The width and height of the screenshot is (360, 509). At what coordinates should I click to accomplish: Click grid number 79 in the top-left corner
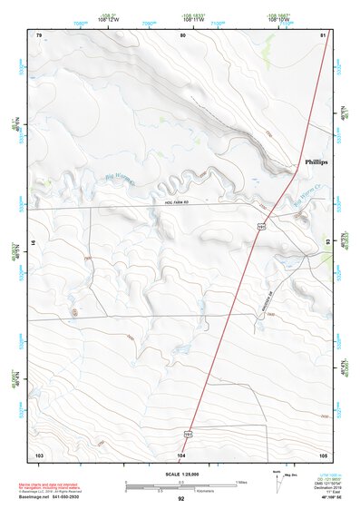[39, 34]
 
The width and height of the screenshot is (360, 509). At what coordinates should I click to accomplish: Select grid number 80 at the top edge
[182, 34]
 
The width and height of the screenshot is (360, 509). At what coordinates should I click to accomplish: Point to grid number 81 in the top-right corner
[324, 34]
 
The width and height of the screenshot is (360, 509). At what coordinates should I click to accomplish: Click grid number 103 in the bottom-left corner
[39, 453]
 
